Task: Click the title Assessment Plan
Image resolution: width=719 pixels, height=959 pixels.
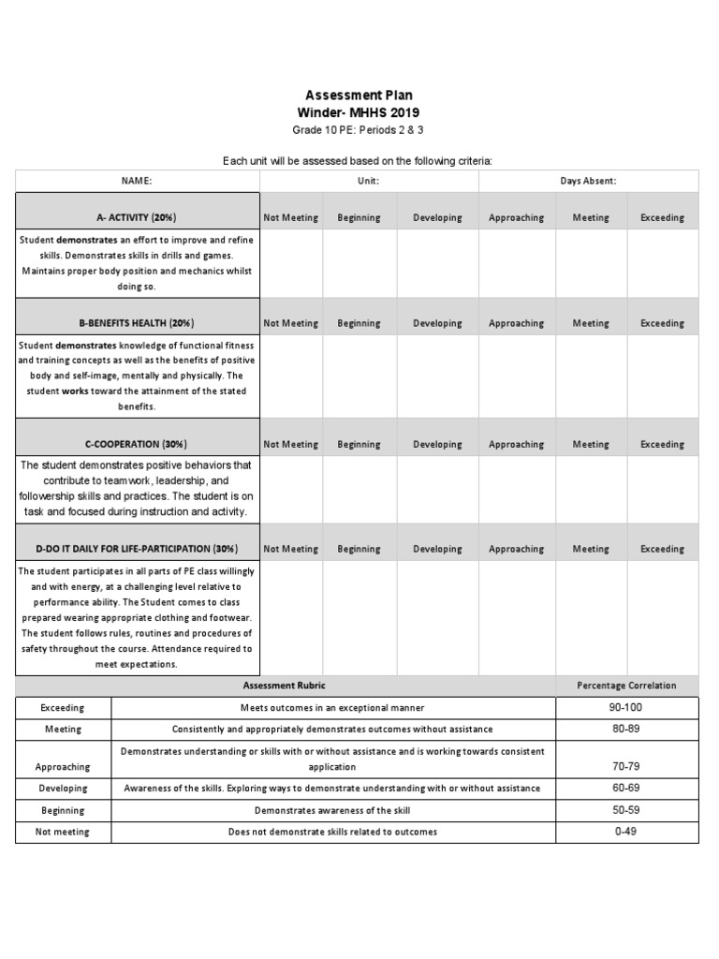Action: click(359, 96)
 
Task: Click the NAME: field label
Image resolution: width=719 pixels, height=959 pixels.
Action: click(137, 181)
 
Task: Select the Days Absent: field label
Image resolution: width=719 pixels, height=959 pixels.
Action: click(588, 181)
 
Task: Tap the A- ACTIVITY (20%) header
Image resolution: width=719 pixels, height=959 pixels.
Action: click(137, 217)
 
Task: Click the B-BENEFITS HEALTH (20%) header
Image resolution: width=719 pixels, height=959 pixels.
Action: click(137, 323)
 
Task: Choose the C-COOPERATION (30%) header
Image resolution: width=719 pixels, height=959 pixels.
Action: click(137, 444)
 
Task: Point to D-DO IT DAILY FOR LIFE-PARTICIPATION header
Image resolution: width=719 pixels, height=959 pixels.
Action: click(137, 549)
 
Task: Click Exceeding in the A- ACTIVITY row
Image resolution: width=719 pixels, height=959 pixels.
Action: click(662, 217)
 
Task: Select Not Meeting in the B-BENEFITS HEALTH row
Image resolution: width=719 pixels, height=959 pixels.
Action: click(290, 323)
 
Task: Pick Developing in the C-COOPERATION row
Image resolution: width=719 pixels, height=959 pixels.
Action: click(437, 444)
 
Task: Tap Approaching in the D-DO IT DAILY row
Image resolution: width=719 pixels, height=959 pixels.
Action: click(516, 549)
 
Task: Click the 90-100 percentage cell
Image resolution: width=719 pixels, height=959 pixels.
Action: click(627, 708)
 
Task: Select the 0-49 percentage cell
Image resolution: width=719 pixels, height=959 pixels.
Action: click(627, 832)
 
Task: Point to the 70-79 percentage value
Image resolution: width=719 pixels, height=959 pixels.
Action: click(627, 766)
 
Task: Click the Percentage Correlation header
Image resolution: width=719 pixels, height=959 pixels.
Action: click(627, 686)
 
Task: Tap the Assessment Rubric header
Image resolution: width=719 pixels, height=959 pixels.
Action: click(285, 686)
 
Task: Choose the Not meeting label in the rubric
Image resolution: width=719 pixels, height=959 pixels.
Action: click(63, 832)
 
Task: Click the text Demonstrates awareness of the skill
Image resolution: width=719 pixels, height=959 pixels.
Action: click(332, 810)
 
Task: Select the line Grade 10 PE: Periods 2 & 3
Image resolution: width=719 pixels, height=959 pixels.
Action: click(359, 130)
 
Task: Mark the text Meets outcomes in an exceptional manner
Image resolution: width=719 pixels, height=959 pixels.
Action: click(332, 708)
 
